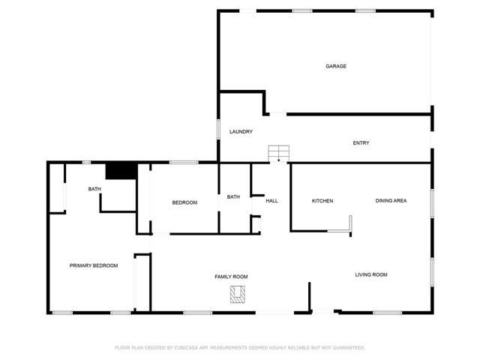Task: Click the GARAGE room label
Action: point(335,66)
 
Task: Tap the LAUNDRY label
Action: point(241,132)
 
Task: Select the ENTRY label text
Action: point(361,143)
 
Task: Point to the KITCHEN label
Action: point(322,201)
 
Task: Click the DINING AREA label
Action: point(391,201)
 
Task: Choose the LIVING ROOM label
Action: point(370,275)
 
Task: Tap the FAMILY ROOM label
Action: point(231,277)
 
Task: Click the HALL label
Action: point(271,201)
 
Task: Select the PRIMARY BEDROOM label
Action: point(94,265)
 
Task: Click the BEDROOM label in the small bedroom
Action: point(184,202)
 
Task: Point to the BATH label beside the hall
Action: point(233,197)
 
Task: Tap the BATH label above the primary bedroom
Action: point(94,189)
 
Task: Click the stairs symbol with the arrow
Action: point(278,153)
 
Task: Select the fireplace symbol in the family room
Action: point(238,295)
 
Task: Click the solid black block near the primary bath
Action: point(119,171)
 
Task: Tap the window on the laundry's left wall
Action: point(218,128)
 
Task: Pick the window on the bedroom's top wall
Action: point(183,162)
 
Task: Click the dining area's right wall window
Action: point(432,202)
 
